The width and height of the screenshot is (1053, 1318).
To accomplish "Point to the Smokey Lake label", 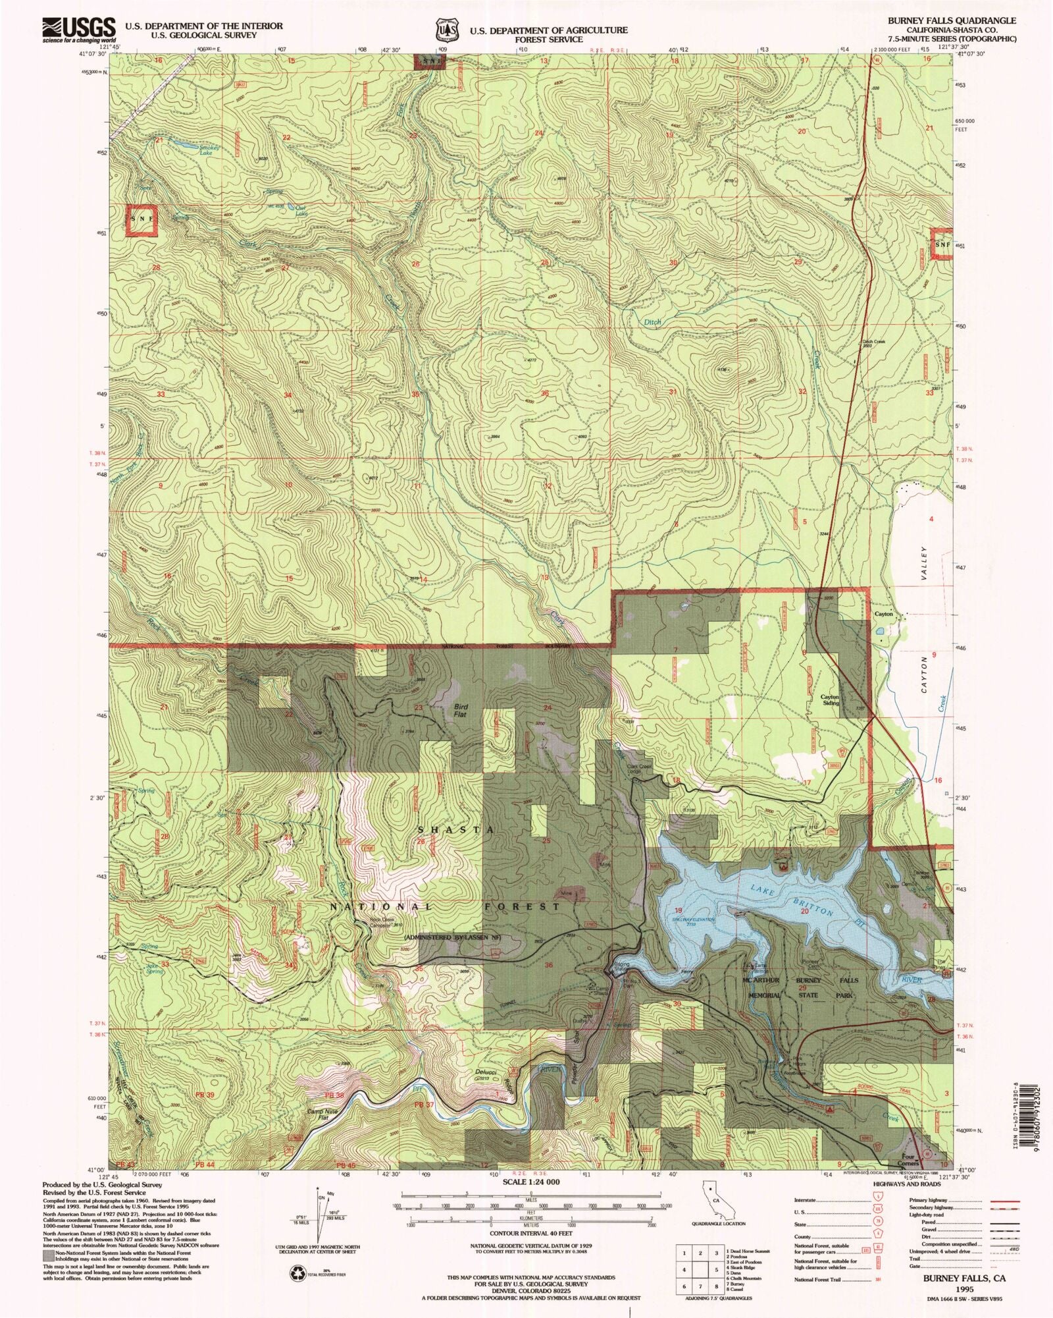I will [x=209, y=150].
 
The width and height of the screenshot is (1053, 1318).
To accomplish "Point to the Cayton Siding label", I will [x=830, y=700].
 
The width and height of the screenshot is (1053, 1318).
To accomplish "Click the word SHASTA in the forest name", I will [x=455, y=829].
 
